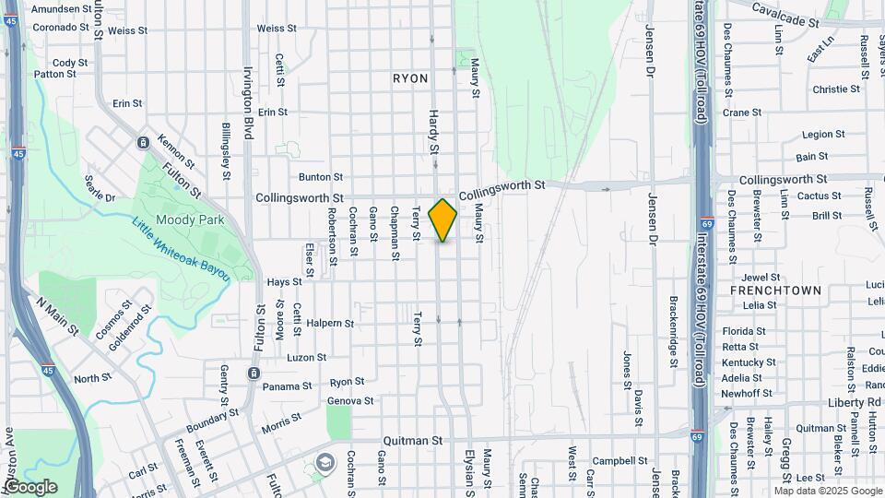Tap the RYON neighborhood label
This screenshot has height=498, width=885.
coord(410,78)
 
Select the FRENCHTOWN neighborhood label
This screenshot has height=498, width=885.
coord(774,290)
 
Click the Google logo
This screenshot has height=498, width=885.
coord(29,487)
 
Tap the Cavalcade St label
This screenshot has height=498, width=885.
coord(785,14)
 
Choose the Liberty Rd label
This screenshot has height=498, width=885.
coord(855,402)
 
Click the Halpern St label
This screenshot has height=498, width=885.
coord(330,324)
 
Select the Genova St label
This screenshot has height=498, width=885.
coord(350,401)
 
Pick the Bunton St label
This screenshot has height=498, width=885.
coord(321,177)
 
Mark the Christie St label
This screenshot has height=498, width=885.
coord(836,89)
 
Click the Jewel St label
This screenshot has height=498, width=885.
coord(761,277)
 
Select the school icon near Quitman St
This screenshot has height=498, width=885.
coord(324,462)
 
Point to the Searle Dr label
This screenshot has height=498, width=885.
coord(99,189)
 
